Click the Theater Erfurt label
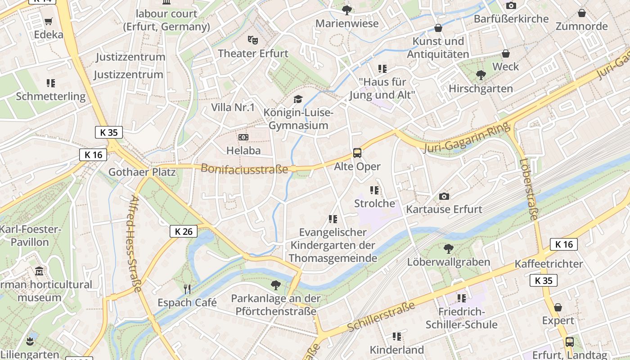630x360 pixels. click(x=253, y=53)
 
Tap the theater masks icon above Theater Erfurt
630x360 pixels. click(x=253, y=40)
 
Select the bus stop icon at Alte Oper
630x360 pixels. click(x=357, y=153)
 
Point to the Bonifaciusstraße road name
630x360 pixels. click(x=244, y=169)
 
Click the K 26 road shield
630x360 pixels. click(x=184, y=231)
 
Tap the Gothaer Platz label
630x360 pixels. click(x=142, y=172)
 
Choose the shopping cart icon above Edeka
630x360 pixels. click(x=49, y=22)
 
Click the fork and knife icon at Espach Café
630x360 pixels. click(x=187, y=289)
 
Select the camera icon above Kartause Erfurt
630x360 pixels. click(x=444, y=196)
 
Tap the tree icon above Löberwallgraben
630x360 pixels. click(x=448, y=248)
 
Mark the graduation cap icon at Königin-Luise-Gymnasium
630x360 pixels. click(x=298, y=99)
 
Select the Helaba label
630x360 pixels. click(x=243, y=150)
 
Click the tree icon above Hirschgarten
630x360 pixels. click(x=481, y=75)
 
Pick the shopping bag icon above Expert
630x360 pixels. click(x=558, y=307)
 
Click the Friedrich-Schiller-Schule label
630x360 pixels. click(x=461, y=318)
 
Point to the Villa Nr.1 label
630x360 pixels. click(x=233, y=108)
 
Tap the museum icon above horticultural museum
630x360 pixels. click(x=39, y=271)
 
